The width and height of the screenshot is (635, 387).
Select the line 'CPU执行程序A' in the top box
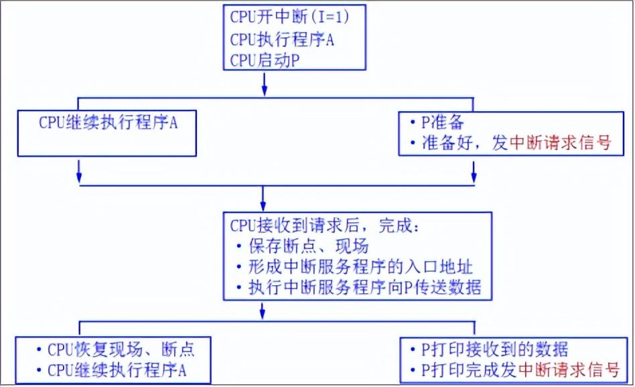pyautogui.click(x=282, y=39)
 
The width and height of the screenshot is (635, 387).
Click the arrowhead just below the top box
pyautogui.click(x=264, y=89)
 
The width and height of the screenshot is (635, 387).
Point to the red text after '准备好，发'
pyautogui.click(x=561, y=143)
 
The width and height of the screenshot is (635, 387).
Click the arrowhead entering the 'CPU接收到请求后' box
pyautogui.click(x=263, y=206)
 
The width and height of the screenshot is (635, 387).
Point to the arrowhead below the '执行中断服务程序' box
pyautogui.click(x=263, y=312)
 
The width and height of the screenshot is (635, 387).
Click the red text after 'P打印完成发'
pyautogui.click(x=569, y=370)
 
